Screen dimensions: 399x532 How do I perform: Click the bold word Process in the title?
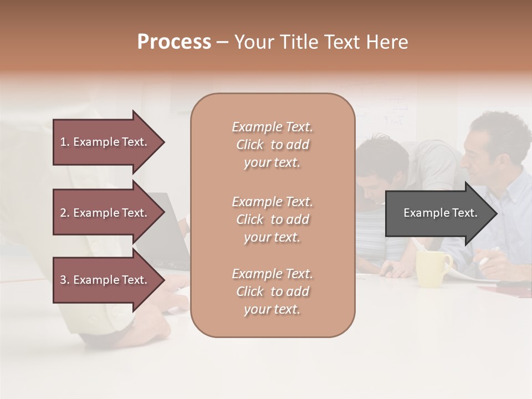[174, 42]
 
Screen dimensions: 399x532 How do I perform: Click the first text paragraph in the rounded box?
[272, 145]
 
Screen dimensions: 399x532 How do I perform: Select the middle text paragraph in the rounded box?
[272, 219]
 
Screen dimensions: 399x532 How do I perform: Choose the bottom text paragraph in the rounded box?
[272, 291]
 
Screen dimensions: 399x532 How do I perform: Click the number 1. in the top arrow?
[65, 142]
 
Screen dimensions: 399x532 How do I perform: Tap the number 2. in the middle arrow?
[65, 213]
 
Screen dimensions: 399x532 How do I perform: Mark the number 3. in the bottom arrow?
[65, 280]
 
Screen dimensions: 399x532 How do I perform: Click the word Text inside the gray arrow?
[465, 213]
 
